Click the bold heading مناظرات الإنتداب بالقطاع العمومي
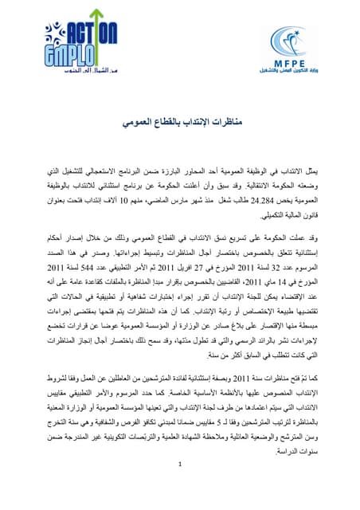[180, 124]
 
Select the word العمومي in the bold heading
[135, 124]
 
